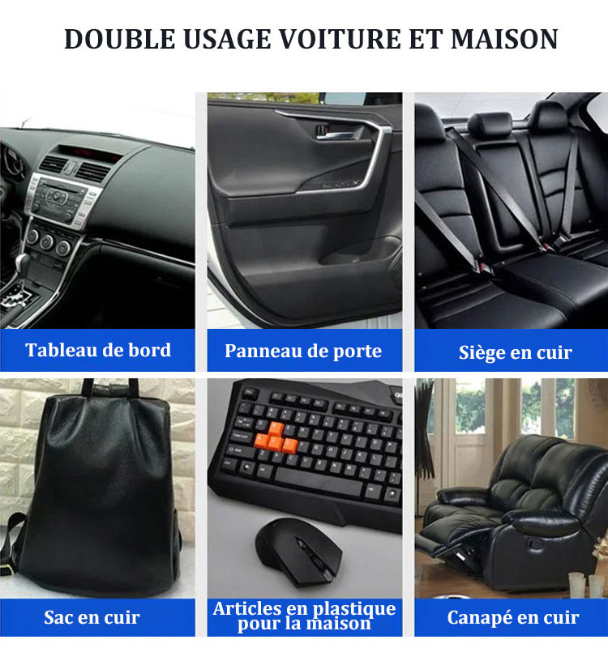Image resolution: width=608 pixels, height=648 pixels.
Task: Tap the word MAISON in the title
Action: tap(504, 39)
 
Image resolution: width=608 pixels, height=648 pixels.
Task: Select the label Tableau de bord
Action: tap(98, 350)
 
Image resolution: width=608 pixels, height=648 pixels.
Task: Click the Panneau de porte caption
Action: tap(303, 352)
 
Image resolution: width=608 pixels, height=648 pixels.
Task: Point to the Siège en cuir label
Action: tap(516, 352)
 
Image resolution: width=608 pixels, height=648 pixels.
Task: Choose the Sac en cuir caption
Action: tap(92, 617)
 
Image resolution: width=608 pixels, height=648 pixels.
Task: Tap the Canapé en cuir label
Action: tap(513, 617)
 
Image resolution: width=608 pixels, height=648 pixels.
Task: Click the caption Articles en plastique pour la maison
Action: tap(305, 616)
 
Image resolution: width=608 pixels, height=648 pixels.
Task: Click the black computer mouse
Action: tap(298, 552)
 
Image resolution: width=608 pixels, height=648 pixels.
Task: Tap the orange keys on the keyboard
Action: tap(276, 439)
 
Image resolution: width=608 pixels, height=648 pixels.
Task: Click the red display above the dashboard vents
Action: tap(90, 154)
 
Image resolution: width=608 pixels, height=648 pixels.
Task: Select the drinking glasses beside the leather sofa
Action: tap(586, 584)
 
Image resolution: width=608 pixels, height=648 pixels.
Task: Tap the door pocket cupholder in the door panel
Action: tap(359, 253)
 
